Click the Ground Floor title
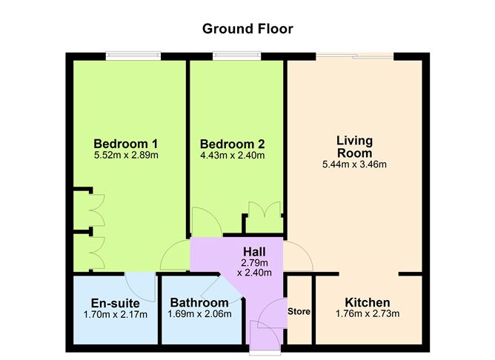click(247, 29)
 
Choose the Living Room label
click(354, 146)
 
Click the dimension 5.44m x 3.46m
click(354, 164)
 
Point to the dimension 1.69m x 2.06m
click(199, 314)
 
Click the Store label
click(299, 311)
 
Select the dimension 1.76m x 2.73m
click(367, 314)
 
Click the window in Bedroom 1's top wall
click(133, 56)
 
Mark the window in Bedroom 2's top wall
click(232, 56)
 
